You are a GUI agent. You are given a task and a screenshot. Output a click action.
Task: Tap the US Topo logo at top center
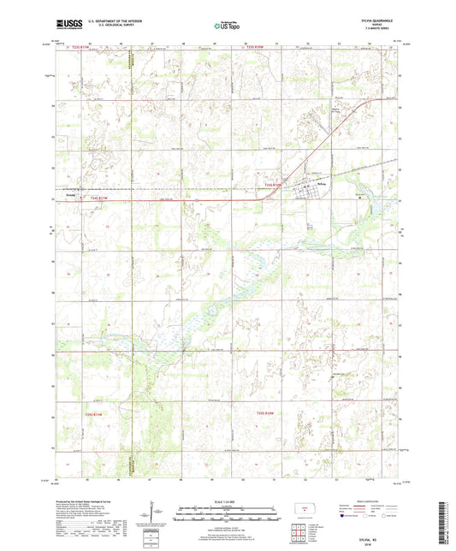[x=227, y=27]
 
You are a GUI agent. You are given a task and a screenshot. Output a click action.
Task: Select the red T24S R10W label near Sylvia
[x=273, y=183]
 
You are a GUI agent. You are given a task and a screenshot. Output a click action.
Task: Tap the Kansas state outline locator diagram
[x=301, y=509]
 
